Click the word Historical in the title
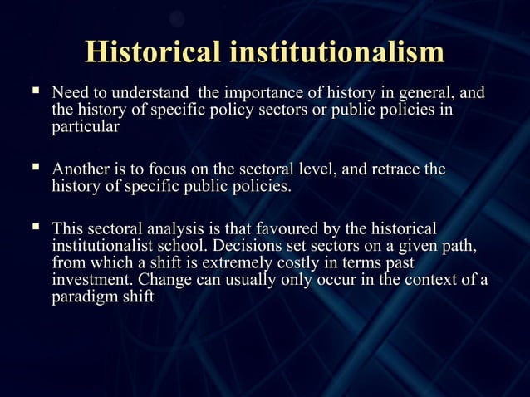[154, 51]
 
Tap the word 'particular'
[86, 127]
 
